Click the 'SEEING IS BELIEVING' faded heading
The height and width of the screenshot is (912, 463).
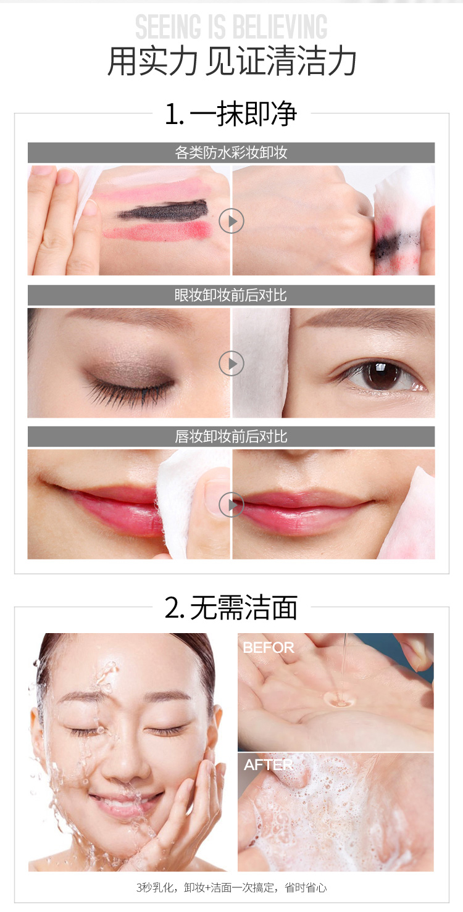[x=231, y=27]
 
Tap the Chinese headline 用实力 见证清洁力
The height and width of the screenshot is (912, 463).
[x=231, y=62]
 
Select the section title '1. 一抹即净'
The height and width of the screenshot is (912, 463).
[x=231, y=114]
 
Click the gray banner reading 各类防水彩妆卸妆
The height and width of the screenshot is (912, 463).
[x=231, y=152]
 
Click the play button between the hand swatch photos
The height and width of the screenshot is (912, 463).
[x=231, y=221]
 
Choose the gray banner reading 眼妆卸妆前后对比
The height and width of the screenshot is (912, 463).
[x=231, y=295]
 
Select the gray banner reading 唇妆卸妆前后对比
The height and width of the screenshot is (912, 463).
[x=231, y=437]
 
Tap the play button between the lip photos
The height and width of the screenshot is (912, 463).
[x=231, y=505]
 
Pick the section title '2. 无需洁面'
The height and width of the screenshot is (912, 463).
[x=231, y=607]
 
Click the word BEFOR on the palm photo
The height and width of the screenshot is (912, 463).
[x=269, y=648]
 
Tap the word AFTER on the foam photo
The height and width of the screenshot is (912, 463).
[x=268, y=765]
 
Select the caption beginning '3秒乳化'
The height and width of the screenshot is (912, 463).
[x=231, y=887]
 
